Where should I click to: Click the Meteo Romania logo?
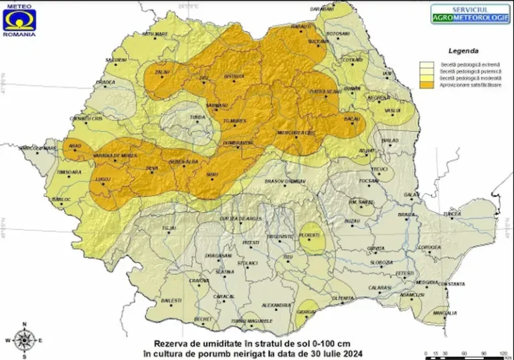(x=19, y=19)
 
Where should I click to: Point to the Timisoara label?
(x=69, y=172)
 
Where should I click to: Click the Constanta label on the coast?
(x=452, y=284)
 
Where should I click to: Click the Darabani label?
(x=322, y=9)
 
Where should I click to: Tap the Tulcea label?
(x=452, y=213)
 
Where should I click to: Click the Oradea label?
(x=105, y=83)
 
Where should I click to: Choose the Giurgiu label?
(x=307, y=312)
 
